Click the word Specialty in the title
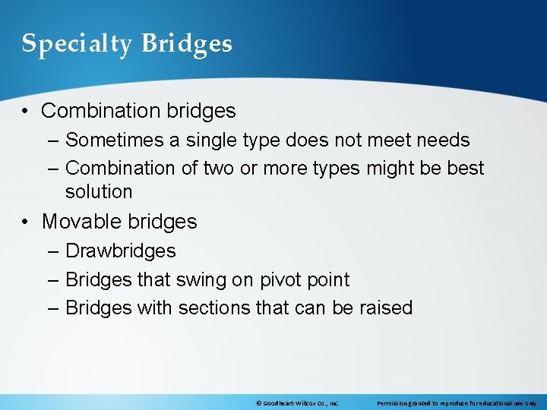[75, 44]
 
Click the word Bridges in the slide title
[186, 43]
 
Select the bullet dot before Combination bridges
[27, 111]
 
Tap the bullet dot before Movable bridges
[27, 222]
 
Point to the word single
[208, 140]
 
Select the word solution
[99, 192]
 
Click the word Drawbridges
[120, 251]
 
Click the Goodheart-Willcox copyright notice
[298, 403]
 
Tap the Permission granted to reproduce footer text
[457, 403]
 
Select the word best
[465, 168]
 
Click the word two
[220, 168]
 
